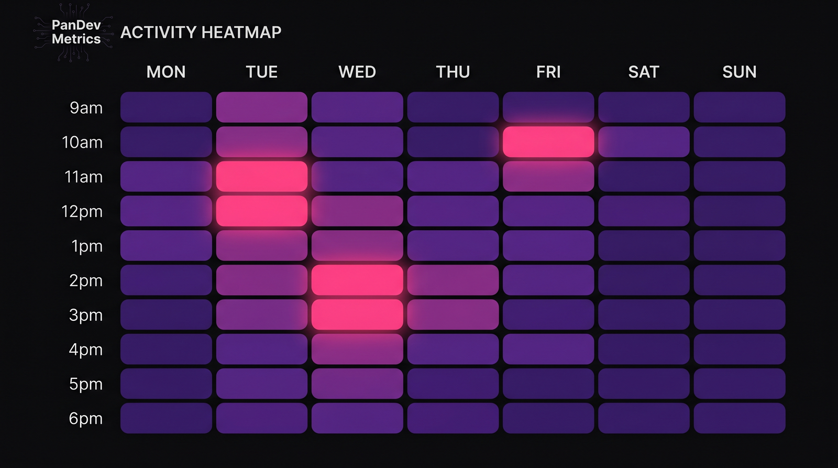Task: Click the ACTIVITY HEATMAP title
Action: (x=201, y=32)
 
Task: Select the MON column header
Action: (x=166, y=72)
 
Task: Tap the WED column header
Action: (x=357, y=72)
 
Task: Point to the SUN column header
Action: (x=739, y=72)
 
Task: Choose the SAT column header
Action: (x=644, y=72)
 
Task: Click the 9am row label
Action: (x=86, y=108)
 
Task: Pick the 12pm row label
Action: (x=82, y=211)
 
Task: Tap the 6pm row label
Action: (x=86, y=418)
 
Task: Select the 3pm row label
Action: (x=86, y=315)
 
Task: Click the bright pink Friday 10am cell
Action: (x=548, y=142)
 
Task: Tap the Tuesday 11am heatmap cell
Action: (x=262, y=177)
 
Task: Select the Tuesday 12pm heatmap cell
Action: (x=262, y=211)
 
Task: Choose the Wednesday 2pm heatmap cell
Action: (x=357, y=280)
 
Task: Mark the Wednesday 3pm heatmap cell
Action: (x=357, y=315)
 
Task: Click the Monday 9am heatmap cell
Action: (x=166, y=107)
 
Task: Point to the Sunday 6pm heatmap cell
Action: (x=739, y=418)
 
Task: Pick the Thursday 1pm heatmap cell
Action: (x=453, y=246)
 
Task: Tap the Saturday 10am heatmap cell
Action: (x=644, y=142)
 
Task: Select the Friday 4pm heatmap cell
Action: (x=548, y=349)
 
